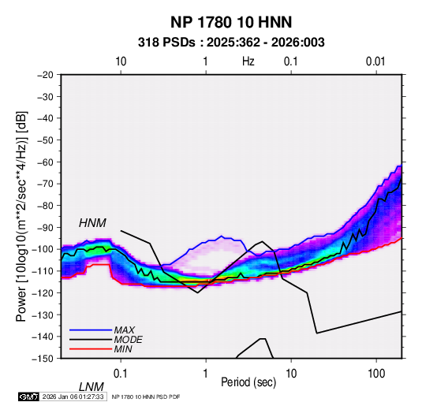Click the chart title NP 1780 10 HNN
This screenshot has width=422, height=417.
click(231, 22)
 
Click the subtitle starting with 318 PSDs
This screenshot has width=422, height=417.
click(231, 43)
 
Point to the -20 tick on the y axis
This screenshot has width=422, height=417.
click(45, 75)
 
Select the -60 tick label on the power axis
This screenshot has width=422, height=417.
click(45, 162)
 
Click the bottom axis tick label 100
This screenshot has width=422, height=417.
click(376, 374)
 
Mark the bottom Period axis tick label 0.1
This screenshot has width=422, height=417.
click(121, 374)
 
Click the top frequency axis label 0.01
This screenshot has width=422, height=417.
click(375, 61)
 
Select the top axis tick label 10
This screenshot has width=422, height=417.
click(121, 61)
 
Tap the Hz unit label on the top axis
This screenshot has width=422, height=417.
click(248, 61)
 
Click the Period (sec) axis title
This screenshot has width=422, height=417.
click(248, 382)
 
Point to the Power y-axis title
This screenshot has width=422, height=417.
click(21, 217)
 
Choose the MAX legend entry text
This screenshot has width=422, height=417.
click(125, 330)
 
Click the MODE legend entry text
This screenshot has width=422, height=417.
click(128, 340)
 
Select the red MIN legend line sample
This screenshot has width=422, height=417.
click(91, 349)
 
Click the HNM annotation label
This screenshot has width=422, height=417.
click(92, 223)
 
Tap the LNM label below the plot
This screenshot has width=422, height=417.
click(91, 387)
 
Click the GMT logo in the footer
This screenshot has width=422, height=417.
click(28, 397)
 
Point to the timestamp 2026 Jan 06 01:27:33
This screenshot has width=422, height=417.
click(73, 397)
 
